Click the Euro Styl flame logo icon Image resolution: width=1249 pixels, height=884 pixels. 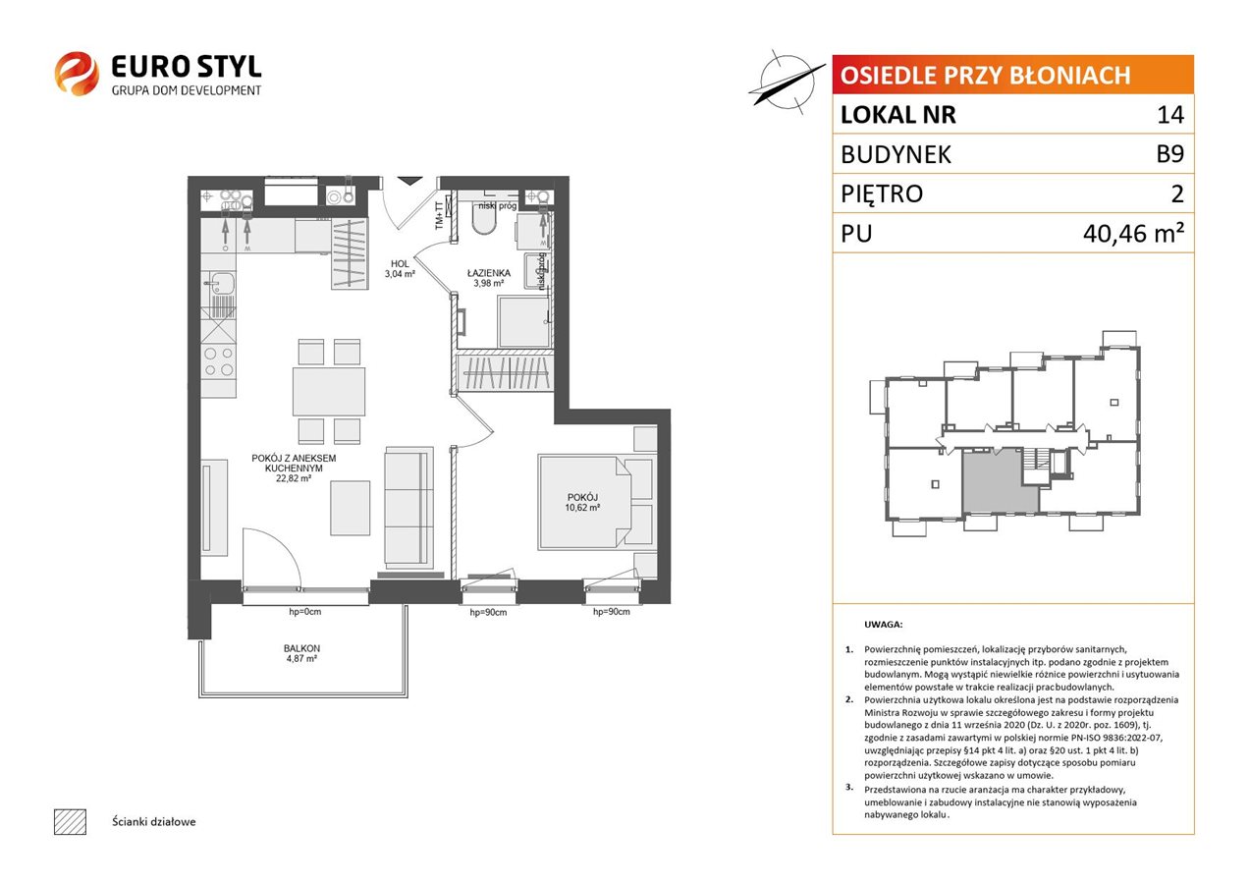pos(77,74)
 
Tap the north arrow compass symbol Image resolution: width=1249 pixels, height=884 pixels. pos(786,82)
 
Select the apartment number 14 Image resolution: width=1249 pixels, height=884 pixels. pos(1170,114)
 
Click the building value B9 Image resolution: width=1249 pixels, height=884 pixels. pos(1169,154)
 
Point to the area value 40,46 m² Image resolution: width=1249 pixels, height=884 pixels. pos(1133,233)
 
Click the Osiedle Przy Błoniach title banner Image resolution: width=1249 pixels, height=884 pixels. pos(1012,75)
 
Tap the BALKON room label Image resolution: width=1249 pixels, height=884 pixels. pos(301,648)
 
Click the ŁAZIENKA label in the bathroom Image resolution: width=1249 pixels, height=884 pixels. pos(488,273)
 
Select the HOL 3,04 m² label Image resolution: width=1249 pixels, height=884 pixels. pos(400,269)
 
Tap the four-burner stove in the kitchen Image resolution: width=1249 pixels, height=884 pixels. pos(219,360)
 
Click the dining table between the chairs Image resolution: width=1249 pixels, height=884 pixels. pos(329,391)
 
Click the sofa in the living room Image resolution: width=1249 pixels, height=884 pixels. pos(408,508)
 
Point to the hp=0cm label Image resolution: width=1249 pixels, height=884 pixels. pos(305,612)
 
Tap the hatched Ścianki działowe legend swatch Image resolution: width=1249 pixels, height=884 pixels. pos(71,821)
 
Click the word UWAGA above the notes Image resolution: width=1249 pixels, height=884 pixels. pos(883,625)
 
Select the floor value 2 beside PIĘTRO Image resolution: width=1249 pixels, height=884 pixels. pos(1177,193)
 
